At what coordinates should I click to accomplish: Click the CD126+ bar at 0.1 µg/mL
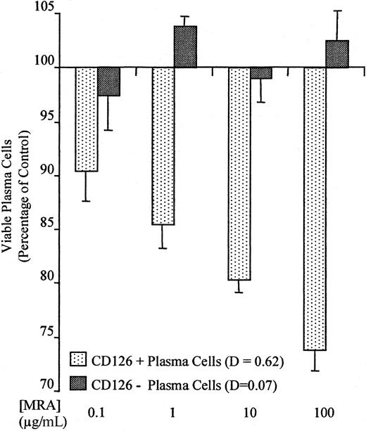[x=86, y=119]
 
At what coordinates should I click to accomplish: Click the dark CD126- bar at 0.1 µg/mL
[x=108, y=82]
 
